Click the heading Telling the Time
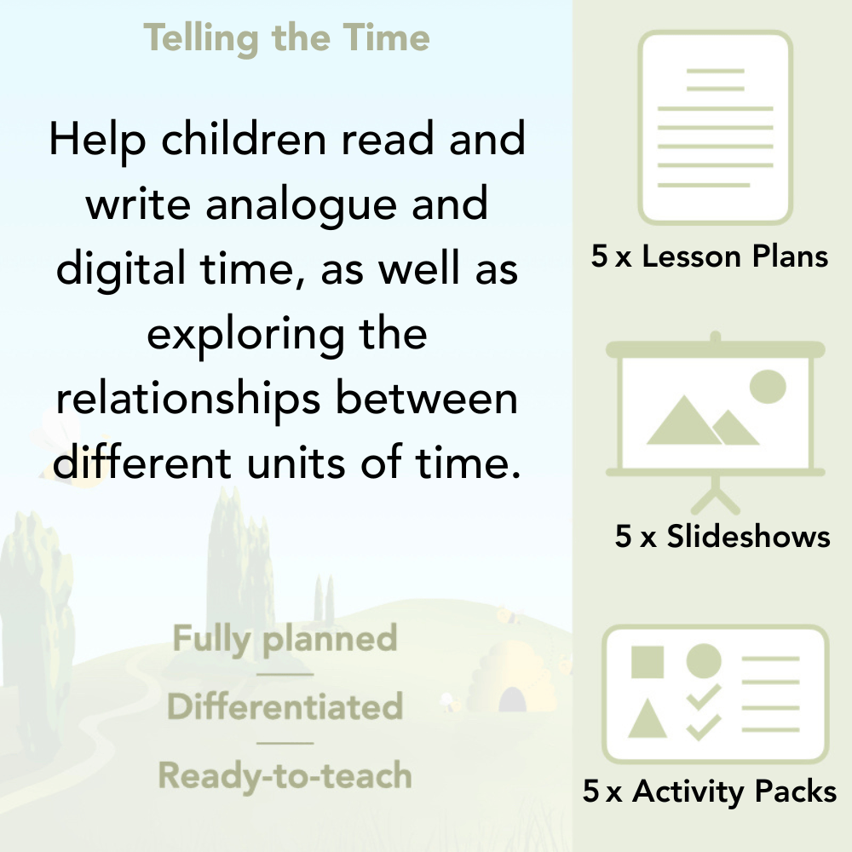(x=286, y=38)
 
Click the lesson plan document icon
(x=716, y=128)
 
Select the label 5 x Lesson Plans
(x=710, y=256)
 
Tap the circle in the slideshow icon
(x=767, y=386)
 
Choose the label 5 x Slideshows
(x=722, y=536)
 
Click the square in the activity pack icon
(x=648, y=662)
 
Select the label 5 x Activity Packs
(x=710, y=792)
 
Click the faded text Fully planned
(x=285, y=639)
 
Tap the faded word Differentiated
(x=285, y=707)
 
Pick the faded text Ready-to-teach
(x=285, y=775)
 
